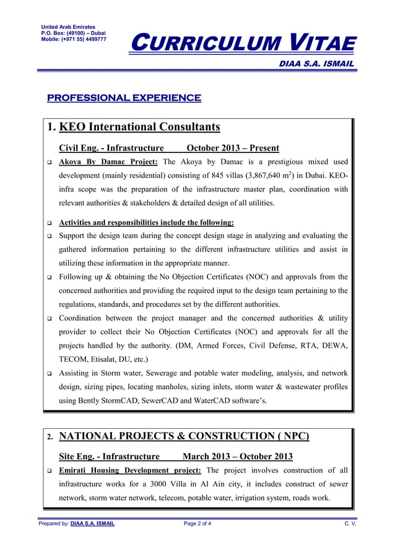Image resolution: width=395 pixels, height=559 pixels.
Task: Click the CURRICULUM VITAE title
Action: pyautogui.click(x=245, y=43)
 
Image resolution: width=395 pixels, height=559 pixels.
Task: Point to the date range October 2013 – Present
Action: pyautogui.click(x=233, y=148)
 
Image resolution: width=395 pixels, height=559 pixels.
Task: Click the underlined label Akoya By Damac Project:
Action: pyautogui.click(x=108, y=162)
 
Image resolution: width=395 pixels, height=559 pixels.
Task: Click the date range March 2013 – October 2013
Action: pyautogui.click(x=238, y=457)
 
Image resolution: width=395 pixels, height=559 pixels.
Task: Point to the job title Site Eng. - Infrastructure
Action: pyautogui.click(x=109, y=457)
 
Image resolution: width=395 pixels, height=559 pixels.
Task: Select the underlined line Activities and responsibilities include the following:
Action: pyautogui.click(x=146, y=222)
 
